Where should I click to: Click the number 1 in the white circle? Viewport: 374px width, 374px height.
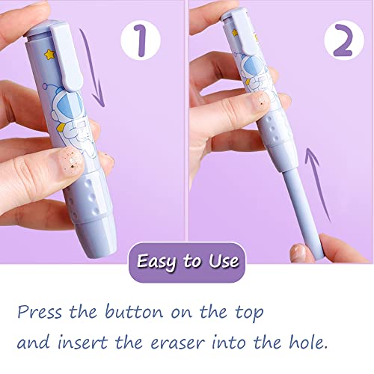[141, 40]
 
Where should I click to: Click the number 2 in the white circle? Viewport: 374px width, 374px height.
[344, 40]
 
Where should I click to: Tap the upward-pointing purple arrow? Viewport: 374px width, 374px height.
[316, 185]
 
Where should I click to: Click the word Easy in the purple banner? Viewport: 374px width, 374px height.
[157, 262]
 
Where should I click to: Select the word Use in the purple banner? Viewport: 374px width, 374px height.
[224, 261]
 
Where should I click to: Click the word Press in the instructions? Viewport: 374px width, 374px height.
[40, 312]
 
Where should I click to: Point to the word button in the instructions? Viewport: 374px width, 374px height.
[134, 311]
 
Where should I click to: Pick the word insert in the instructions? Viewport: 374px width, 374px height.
[83, 341]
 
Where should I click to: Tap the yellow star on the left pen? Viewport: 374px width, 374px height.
[50, 55]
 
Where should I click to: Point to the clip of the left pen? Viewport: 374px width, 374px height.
[66, 58]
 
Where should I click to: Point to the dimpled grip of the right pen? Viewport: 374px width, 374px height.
[275, 129]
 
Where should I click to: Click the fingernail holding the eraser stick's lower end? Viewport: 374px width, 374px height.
[298, 252]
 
